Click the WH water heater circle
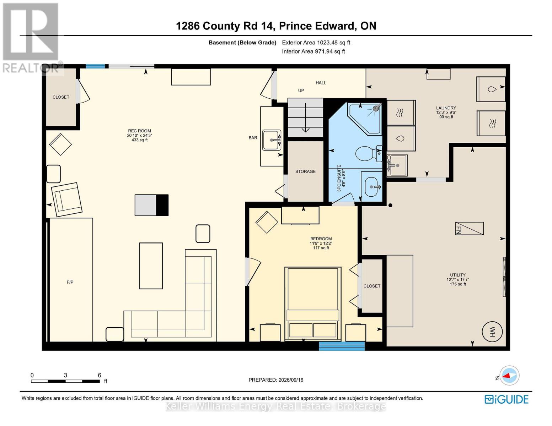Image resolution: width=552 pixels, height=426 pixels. coord(492,331)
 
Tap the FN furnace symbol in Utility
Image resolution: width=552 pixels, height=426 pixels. coord(470,228)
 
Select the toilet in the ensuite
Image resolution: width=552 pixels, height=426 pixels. coord(368,153)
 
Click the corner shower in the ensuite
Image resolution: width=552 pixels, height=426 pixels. coord(365,119)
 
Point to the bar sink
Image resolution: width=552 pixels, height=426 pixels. coord(272,140)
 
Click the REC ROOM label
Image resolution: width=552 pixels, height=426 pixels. coord(139,131)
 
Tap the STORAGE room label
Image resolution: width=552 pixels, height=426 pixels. coord(305,171)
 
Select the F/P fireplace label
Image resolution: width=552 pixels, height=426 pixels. coord(70,282)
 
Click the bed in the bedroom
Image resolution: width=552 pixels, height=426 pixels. coord(313,304)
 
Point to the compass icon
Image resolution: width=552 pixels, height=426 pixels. coord(509,376)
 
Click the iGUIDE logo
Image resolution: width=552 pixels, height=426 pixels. coord(506,399)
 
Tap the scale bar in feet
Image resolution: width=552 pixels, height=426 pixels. coord(65,381)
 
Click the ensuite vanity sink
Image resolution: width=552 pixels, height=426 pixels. coord(372,187)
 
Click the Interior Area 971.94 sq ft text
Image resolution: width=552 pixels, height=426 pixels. coord(313,51)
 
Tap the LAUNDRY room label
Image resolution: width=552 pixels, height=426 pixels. coord(446,108)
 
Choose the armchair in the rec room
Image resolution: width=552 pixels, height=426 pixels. coord(66,200)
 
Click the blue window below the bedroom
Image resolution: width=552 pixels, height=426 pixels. coord(342,346)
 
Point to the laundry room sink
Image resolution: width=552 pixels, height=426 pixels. coord(397,165)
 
